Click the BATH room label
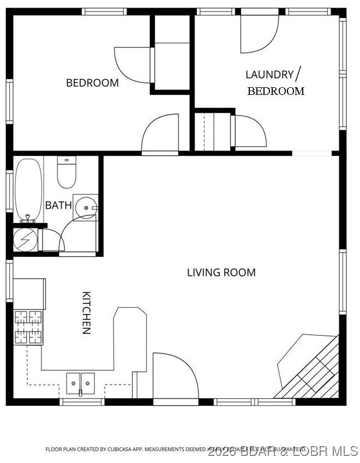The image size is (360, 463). tap(58, 206)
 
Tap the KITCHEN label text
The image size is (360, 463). tap(86, 312)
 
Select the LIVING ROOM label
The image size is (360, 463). tap(221, 272)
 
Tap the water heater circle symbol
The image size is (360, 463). tap(25, 239)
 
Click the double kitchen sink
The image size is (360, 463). tap(81, 383)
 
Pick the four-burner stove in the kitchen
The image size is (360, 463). tap(28, 327)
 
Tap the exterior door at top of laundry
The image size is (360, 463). tap(260, 33)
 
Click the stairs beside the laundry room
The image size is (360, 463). tap(212, 131)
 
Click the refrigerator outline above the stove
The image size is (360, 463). tap(29, 292)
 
